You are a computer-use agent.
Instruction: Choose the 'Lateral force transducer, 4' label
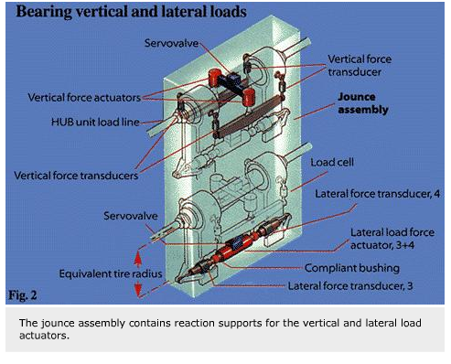coord(366,195)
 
